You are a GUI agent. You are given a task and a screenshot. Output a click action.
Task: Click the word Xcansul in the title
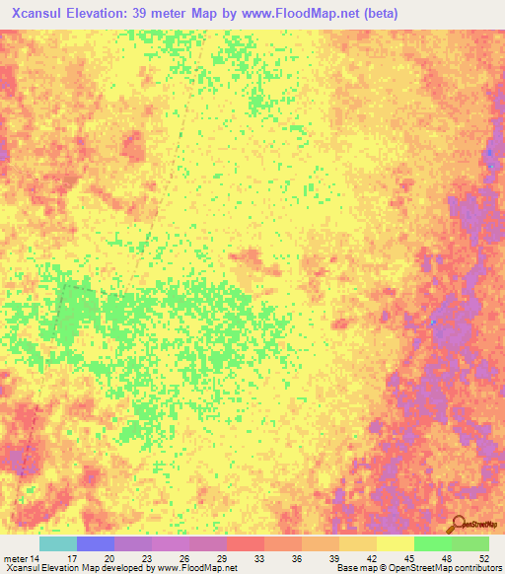(x=38, y=13)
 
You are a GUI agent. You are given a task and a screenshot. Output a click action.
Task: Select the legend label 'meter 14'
(x=22, y=557)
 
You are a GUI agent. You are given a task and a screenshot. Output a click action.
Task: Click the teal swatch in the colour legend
(x=57, y=543)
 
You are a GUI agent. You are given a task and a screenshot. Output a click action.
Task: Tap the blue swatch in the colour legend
(x=95, y=543)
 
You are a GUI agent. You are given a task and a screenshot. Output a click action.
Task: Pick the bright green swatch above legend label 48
(x=432, y=543)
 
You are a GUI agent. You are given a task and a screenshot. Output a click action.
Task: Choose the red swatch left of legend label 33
(x=245, y=543)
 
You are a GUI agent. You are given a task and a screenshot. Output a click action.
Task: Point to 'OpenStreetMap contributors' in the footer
(x=450, y=568)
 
